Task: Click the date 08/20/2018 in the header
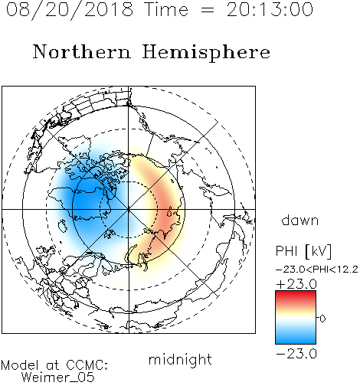point(70,10)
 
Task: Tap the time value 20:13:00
point(270,9)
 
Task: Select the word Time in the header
point(166,9)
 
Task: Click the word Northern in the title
point(81,51)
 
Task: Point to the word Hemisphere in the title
point(206,53)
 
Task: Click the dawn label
point(299,220)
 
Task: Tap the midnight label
point(180,360)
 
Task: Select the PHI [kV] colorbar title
point(303,251)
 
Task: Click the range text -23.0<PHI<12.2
point(316,270)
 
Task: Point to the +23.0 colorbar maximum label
point(296,284)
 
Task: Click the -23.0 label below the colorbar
point(296,354)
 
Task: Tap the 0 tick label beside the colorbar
point(322,319)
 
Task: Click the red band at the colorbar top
point(296,296)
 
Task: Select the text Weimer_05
point(57,378)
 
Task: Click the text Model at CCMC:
point(54,365)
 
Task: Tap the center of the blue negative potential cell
point(84,201)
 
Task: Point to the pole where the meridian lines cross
point(129,210)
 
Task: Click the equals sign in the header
point(208,10)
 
